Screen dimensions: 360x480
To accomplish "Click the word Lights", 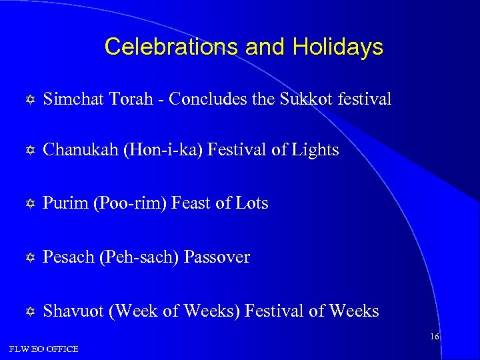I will click(x=315, y=150).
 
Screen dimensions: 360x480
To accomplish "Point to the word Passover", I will click(x=217, y=257).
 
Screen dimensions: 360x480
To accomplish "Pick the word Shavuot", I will click(x=72, y=311).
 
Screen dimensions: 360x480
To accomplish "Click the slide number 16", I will click(x=434, y=337).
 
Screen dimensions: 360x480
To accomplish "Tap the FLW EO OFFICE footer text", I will click(x=44, y=349).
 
